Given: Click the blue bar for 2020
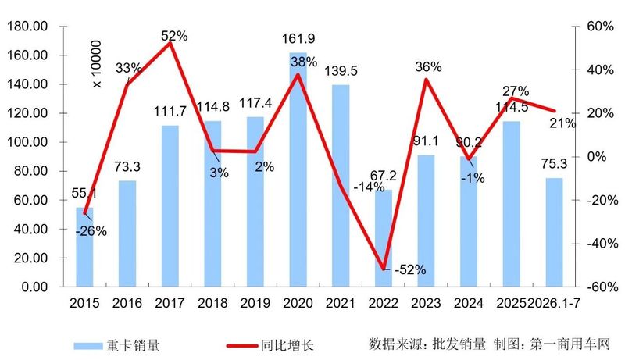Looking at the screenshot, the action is (298, 169).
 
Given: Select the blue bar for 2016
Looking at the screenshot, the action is (127, 233).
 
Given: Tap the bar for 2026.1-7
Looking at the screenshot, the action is (554, 232).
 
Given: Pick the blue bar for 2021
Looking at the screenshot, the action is (341, 186).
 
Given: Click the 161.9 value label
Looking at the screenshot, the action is (298, 39).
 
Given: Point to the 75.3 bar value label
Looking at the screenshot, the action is (554, 164).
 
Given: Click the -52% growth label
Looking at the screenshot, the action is (410, 270).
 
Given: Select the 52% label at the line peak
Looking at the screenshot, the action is (174, 36).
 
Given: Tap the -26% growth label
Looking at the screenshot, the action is (91, 231).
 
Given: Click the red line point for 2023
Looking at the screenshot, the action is (426, 79).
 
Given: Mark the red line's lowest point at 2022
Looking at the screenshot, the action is (384, 269).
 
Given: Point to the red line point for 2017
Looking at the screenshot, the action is (170, 43).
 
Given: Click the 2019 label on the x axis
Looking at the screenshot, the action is (255, 303).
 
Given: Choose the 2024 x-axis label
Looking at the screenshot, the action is (469, 303).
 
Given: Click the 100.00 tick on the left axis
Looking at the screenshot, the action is (27, 142).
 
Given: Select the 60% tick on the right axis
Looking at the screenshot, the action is (600, 27).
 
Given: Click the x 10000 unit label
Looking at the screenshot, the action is (97, 64).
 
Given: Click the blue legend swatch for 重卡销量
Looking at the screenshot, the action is (88, 346).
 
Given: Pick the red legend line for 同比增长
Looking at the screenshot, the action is (242, 346).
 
